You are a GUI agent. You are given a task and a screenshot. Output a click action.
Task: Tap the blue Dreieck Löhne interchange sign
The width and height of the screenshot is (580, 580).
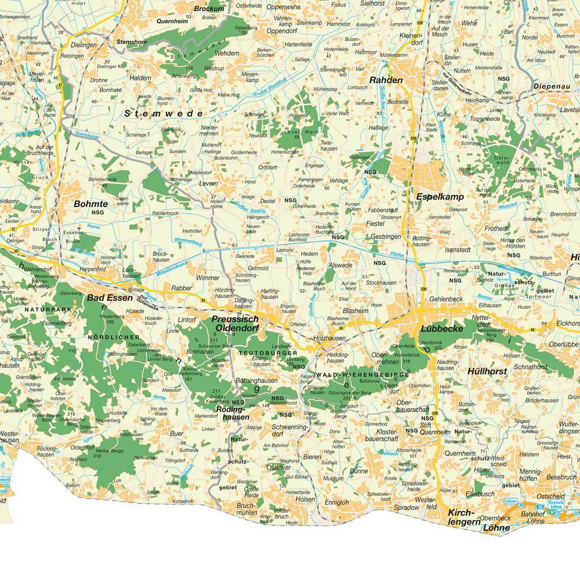(556, 505)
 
